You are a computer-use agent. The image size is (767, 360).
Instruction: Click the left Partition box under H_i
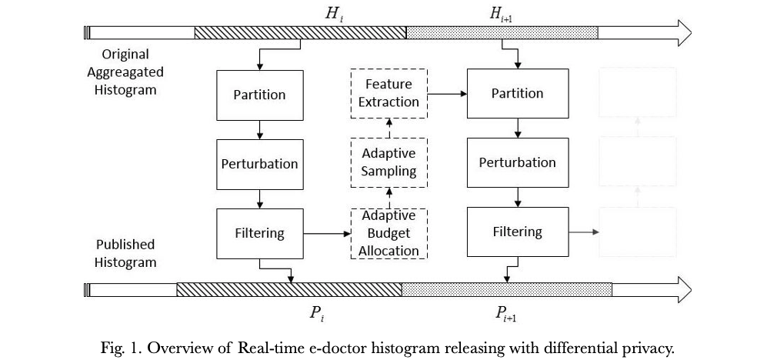[x=259, y=95]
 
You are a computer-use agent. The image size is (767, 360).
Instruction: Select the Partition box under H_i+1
[x=517, y=93]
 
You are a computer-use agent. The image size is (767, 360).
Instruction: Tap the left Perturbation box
[x=259, y=164]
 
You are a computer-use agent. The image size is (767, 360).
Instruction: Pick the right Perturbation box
[x=517, y=162]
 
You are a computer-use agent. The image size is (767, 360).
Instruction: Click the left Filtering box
[x=259, y=232]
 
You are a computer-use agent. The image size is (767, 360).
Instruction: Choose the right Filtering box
[x=517, y=232]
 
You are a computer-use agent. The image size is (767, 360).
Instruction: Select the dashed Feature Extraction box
[x=389, y=93]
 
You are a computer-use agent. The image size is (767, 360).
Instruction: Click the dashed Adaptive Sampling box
[x=389, y=162]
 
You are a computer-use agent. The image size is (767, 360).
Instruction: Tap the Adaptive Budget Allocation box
[x=389, y=232]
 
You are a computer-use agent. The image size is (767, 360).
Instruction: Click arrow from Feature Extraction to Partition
[x=447, y=94]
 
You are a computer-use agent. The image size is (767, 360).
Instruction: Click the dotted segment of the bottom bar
[x=506, y=289]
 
